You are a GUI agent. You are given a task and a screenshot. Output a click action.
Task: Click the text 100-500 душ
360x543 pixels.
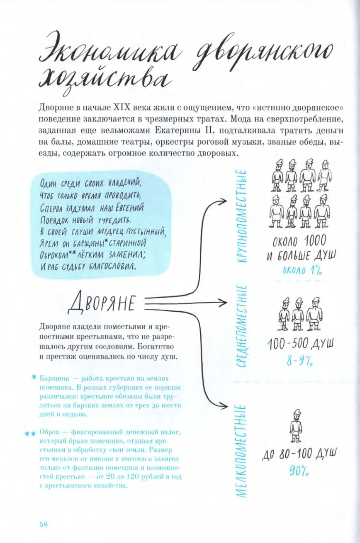pyautogui.click(x=300, y=344)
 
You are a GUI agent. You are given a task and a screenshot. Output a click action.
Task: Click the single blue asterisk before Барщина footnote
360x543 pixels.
pyautogui.click(x=34, y=378)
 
